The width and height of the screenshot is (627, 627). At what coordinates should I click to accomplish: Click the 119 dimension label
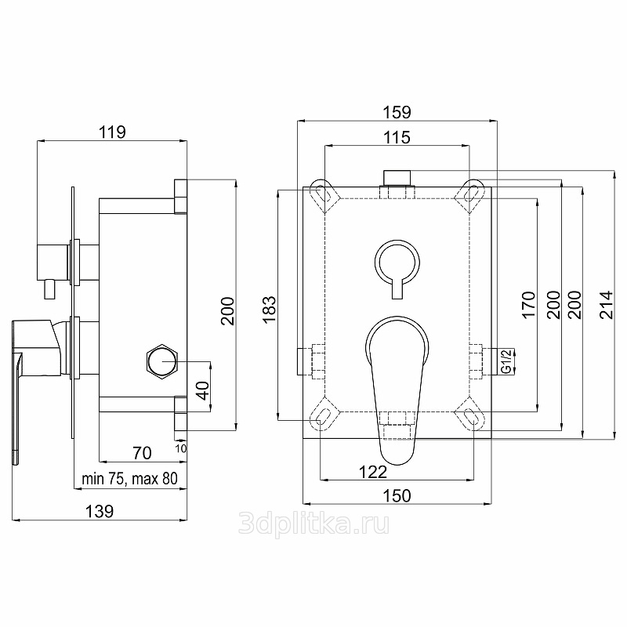(x=112, y=132)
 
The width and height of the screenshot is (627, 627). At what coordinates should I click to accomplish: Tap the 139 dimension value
(x=100, y=512)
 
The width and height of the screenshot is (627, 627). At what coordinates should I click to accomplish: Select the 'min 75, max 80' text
(x=129, y=479)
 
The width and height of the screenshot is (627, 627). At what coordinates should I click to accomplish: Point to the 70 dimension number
(x=143, y=453)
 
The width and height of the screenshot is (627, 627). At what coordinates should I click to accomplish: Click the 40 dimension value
(x=203, y=390)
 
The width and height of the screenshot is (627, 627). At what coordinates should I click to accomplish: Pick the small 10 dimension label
(x=181, y=448)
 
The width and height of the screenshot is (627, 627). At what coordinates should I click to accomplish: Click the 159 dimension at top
(x=397, y=112)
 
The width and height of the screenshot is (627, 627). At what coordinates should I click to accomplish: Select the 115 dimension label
(x=397, y=138)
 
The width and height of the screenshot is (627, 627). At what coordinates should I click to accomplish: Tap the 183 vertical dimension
(x=270, y=309)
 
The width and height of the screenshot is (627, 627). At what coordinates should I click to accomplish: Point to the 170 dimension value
(x=528, y=305)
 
